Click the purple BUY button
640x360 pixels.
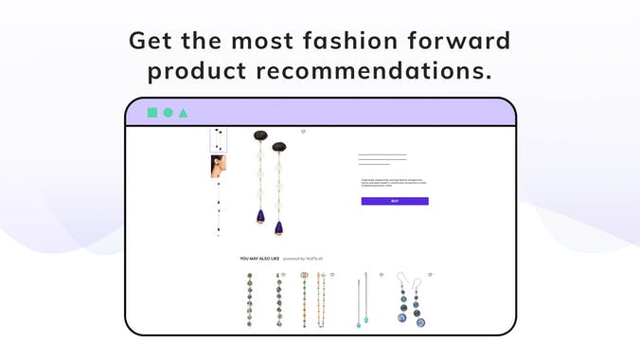[395, 201]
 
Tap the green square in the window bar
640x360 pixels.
[151, 113]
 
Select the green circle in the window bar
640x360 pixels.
[168, 113]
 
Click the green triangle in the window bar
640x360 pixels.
[183, 113]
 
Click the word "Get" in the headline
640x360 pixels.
[152, 41]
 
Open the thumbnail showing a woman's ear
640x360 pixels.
[218, 167]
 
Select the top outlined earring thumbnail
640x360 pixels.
[218, 140]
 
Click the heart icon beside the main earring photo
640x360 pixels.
[303, 132]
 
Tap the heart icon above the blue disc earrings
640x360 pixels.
[429, 274]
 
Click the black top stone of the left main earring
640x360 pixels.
[259, 137]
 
